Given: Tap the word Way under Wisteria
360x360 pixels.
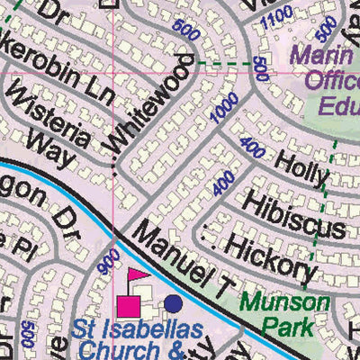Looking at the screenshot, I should (x=49, y=149).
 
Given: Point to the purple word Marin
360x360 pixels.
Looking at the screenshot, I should (x=326, y=55).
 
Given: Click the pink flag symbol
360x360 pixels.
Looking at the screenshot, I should (x=137, y=275).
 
